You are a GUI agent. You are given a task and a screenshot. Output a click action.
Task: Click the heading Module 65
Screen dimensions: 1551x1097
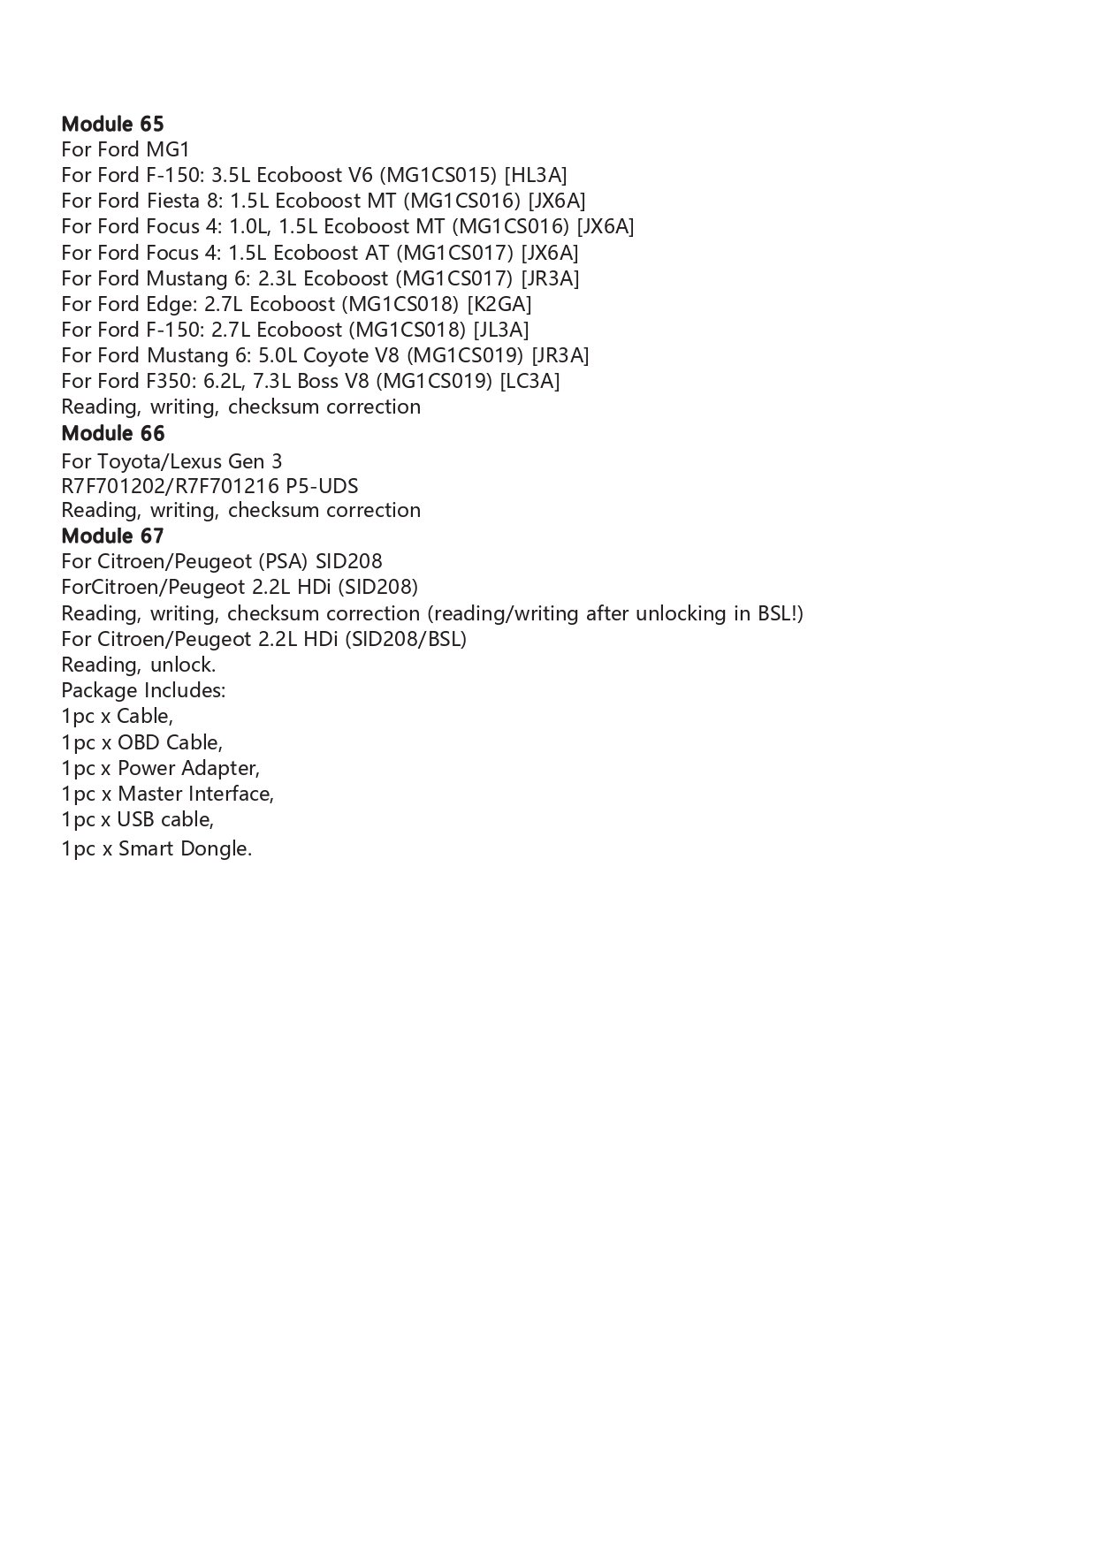click(x=112, y=124)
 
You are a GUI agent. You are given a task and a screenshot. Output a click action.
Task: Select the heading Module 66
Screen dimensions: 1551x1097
click(x=112, y=433)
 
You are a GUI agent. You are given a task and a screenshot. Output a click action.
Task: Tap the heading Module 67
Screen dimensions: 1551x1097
click(x=112, y=536)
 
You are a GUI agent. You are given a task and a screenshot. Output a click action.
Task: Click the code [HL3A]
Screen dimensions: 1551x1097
click(x=535, y=175)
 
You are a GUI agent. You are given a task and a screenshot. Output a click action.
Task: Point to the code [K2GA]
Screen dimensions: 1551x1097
click(x=499, y=304)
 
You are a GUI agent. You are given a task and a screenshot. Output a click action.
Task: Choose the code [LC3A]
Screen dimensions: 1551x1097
click(x=529, y=381)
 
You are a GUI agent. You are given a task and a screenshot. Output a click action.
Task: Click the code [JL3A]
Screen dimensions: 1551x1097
click(x=500, y=330)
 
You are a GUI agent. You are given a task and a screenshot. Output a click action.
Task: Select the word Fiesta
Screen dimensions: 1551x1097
click(x=172, y=201)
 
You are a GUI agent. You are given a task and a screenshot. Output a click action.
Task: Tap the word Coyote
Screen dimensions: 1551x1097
click(x=336, y=355)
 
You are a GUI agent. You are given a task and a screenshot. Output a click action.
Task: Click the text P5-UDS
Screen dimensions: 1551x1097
click(x=322, y=486)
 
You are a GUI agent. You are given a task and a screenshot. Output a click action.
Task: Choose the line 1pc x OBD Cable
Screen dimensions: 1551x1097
click(x=141, y=742)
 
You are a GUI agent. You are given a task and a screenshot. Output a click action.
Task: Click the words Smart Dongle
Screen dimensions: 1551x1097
click(x=185, y=848)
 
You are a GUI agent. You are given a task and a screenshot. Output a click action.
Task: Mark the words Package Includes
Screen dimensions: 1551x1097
click(x=143, y=690)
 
